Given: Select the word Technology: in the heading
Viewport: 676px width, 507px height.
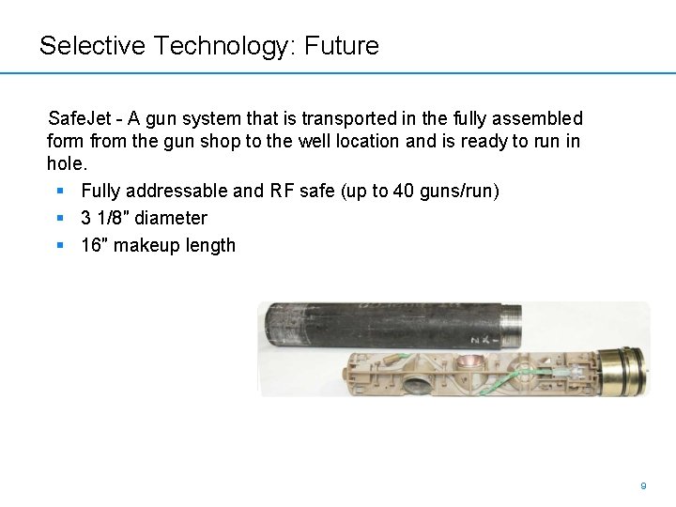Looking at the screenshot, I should tap(222, 46).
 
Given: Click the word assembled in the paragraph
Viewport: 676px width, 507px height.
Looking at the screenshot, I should tap(541, 119).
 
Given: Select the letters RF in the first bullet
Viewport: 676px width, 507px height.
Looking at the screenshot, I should tap(282, 192).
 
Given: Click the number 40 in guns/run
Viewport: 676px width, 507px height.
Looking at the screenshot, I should tap(404, 192).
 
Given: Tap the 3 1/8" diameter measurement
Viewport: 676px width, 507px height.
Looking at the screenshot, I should tap(144, 219).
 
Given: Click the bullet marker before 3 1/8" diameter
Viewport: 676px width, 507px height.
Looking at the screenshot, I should tap(59, 219).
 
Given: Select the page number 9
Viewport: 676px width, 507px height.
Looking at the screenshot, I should tap(643, 486).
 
